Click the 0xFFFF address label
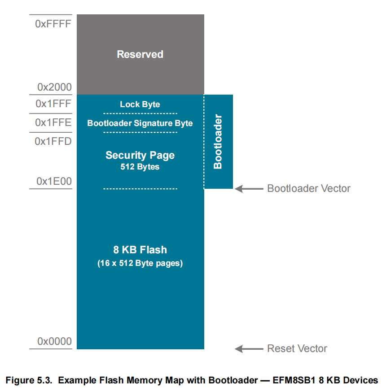pos(53,24)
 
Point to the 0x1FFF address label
pos(53,104)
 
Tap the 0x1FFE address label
pos(53,123)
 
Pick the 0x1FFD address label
pos(53,141)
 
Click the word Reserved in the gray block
pos(140,54)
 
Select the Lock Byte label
pos(140,104)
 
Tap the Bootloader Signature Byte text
pos(140,123)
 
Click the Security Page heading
pos(140,155)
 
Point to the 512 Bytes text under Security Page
pos(140,167)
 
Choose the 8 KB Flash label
pos(140,250)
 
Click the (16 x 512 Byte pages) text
pos(140,263)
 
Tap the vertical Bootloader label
pos(218,142)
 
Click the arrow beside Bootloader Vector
pos(249,189)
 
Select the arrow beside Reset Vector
pos(249,349)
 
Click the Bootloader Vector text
pos(308,188)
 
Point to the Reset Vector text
pos(297,348)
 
